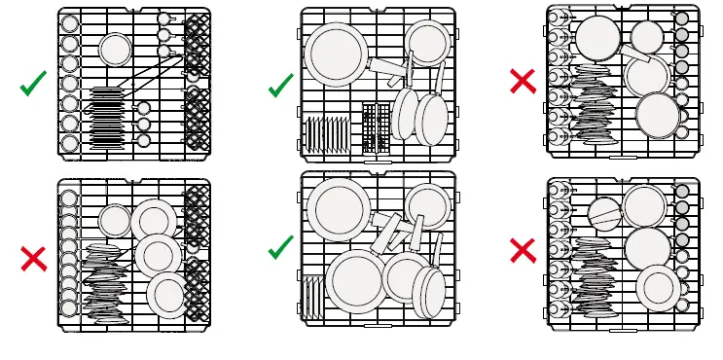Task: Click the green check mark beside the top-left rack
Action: point(33,84)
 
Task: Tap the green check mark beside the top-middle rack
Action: point(280,86)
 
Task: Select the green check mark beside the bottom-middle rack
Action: point(280,247)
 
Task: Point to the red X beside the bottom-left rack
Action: point(33,258)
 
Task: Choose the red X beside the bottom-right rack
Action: point(523,250)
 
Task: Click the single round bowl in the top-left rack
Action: point(115,50)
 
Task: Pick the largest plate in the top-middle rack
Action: point(336,54)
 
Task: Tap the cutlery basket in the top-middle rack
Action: point(376,127)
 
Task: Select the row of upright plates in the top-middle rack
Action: point(327,133)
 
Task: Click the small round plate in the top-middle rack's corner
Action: point(427,43)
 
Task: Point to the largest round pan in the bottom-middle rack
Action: point(356,281)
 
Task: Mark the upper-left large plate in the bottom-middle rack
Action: point(339,209)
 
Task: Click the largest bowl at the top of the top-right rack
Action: point(597,38)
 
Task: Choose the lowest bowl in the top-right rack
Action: point(658,115)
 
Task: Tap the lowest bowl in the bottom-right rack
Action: point(659,288)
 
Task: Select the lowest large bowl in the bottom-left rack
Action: point(168,295)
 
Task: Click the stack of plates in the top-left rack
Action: point(106,117)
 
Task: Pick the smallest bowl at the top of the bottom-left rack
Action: point(115,221)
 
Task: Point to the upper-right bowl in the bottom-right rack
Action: point(644,206)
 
